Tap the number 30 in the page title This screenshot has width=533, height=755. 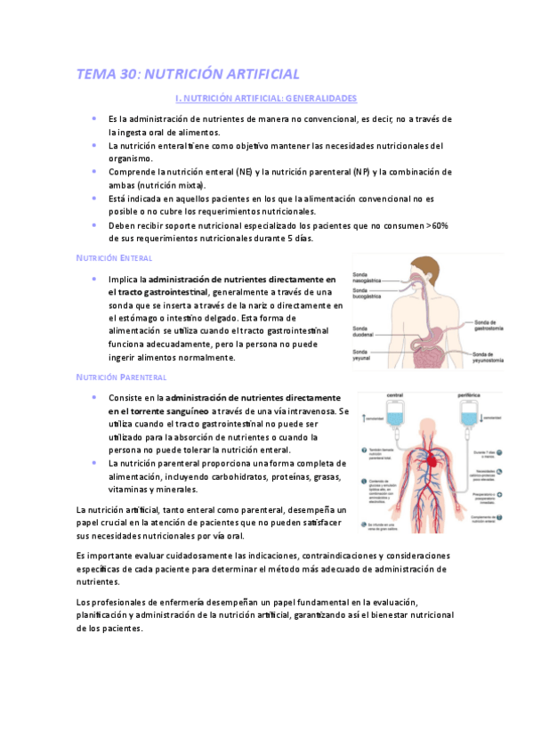(x=127, y=74)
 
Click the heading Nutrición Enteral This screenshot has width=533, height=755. (x=115, y=257)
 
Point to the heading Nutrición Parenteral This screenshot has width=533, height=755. (x=122, y=377)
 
